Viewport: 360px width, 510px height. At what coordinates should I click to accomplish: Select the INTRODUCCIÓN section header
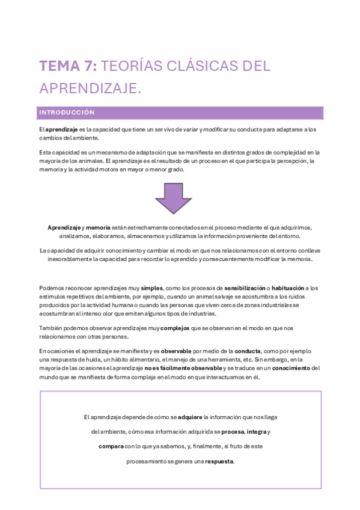(67, 112)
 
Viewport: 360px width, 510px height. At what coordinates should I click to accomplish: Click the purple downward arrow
(173, 198)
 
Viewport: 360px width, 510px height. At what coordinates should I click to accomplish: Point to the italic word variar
(191, 129)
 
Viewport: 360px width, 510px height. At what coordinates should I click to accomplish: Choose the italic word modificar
(216, 129)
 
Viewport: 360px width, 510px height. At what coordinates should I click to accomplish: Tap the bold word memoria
(98, 227)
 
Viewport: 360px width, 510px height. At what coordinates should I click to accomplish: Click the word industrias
(200, 313)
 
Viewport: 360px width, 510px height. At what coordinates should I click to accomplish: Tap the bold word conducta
(247, 351)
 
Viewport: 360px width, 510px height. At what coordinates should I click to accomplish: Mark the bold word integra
(257, 432)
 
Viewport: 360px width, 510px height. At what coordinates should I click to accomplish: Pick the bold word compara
(111, 447)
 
